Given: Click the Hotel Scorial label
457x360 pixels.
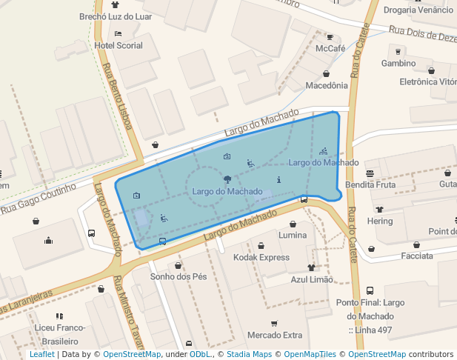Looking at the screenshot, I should click(x=119, y=45).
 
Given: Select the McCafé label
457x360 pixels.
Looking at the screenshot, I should click(x=330, y=48).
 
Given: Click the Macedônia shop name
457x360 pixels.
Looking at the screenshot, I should click(x=326, y=85).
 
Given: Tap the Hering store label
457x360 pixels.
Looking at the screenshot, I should click(x=380, y=221).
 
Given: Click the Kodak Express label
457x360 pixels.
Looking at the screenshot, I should click(x=261, y=257).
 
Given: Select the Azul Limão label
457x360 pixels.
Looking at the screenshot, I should click(x=312, y=279).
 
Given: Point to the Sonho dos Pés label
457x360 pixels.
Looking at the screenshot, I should click(x=178, y=276).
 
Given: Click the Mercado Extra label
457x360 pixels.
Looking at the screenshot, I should click(x=275, y=335).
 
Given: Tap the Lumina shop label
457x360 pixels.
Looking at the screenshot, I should click(x=293, y=235).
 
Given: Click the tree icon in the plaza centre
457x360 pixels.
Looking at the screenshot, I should click(x=227, y=179).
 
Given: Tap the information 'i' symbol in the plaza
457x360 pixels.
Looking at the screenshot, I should click(x=278, y=179).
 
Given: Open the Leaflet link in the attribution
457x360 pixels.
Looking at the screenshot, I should click(x=41, y=355).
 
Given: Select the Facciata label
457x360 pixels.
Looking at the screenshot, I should click(x=416, y=256).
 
